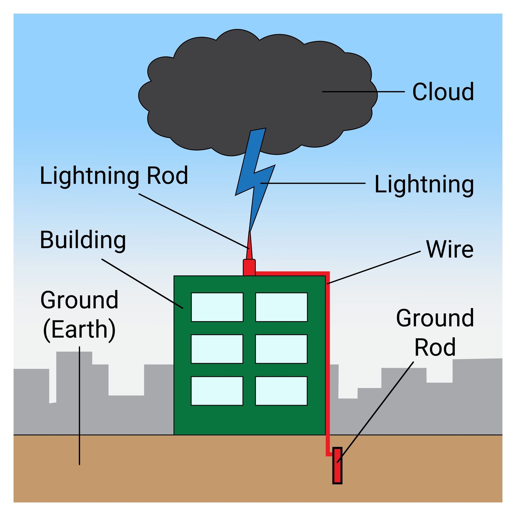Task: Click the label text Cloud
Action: (x=443, y=92)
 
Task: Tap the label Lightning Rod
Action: (x=114, y=175)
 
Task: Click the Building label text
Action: (x=83, y=240)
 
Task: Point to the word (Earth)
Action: (x=79, y=329)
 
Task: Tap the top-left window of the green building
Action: (x=217, y=307)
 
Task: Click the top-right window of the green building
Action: (x=281, y=307)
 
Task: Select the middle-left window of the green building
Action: (x=217, y=349)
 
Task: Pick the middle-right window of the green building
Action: (x=281, y=349)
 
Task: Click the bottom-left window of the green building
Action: (x=217, y=391)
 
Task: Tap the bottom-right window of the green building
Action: (x=281, y=391)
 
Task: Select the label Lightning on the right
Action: (x=424, y=185)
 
